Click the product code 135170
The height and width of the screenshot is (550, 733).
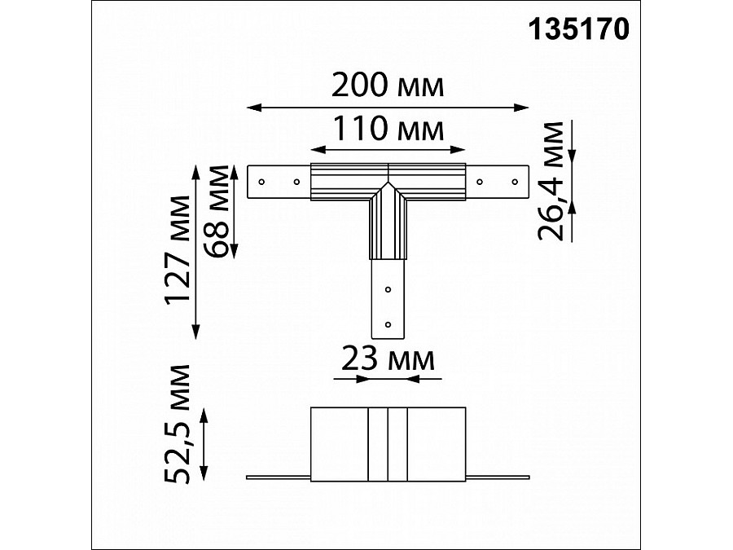[579, 29]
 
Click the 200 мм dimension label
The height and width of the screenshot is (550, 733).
[388, 85]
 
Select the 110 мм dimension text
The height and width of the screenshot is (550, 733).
[388, 129]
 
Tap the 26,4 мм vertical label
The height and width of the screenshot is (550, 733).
[553, 181]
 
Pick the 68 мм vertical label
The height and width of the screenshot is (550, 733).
[220, 209]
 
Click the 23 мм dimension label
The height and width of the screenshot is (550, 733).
[388, 358]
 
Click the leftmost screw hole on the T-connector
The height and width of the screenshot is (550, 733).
[261, 181]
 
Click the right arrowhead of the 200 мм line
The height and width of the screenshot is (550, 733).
[524, 106]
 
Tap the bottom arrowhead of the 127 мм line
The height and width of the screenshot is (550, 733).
[196, 333]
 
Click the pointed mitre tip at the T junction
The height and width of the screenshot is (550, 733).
[388, 184]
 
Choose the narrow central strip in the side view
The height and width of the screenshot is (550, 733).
[388, 443]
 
